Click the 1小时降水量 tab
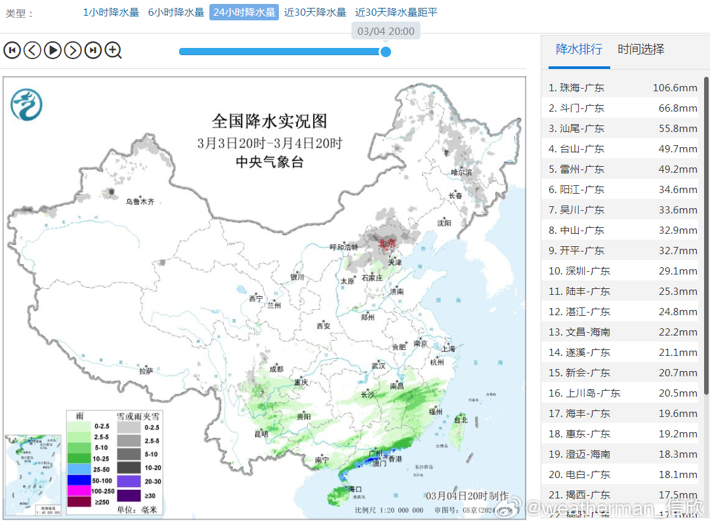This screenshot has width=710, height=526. pyautogui.click(x=111, y=12)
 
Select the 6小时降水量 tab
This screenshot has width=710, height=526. pyautogui.click(x=176, y=12)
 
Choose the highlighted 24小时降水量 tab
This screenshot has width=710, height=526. pyautogui.click(x=244, y=12)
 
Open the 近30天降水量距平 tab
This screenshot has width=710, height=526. pyautogui.click(x=396, y=12)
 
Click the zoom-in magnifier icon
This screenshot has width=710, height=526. pyautogui.click(x=114, y=50)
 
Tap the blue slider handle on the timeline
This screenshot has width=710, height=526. pyautogui.click(x=386, y=51)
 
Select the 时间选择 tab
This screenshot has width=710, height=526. pyautogui.click(x=641, y=49)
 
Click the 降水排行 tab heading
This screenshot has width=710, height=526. pyautogui.click(x=579, y=49)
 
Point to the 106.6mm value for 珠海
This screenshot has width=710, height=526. pyautogui.click(x=675, y=87)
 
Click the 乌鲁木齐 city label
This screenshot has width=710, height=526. pyautogui.click(x=140, y=202)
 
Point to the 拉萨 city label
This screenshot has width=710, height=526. pyautogui.click(x=146, y=370)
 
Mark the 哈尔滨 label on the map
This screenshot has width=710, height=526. pyautogui.click(x=461, y=172)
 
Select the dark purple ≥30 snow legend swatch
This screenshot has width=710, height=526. pyautogui.click(x=129, y=495)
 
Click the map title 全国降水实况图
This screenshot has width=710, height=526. pyautogui.click(x=269, y=121)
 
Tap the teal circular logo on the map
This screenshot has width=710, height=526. pyautogui.click(x=26, y=105)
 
